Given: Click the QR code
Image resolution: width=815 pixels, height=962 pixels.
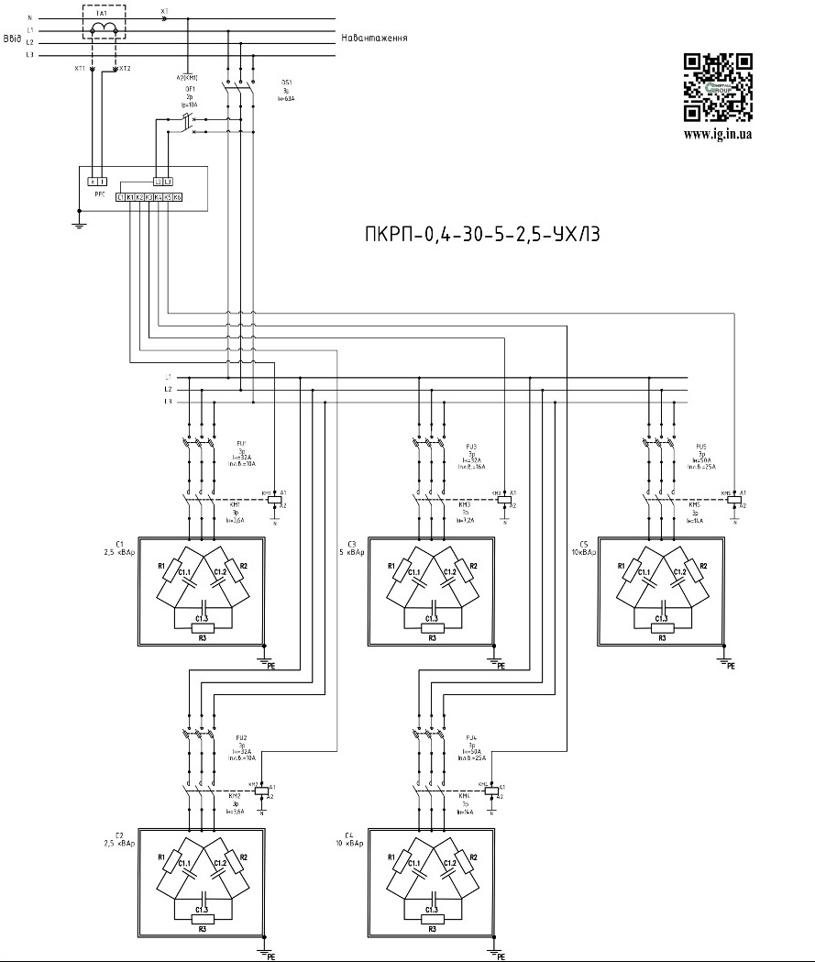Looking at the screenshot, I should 719,88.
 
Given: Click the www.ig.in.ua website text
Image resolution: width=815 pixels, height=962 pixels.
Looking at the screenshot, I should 719,134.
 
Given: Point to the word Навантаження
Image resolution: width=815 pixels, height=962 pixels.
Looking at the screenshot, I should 374,39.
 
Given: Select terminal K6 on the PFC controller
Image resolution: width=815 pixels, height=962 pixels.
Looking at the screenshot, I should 177,197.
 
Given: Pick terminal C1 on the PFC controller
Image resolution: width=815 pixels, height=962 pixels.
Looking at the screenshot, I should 121,197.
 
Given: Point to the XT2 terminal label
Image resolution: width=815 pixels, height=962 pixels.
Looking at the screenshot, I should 125,69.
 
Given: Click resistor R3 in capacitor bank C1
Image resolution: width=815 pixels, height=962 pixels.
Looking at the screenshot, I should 201,627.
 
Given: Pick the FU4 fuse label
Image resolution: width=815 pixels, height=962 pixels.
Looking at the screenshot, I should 471,736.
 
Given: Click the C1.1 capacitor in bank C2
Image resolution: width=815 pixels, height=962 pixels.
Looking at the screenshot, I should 184,865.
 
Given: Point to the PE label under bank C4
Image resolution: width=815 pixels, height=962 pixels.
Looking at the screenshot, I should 501,956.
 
